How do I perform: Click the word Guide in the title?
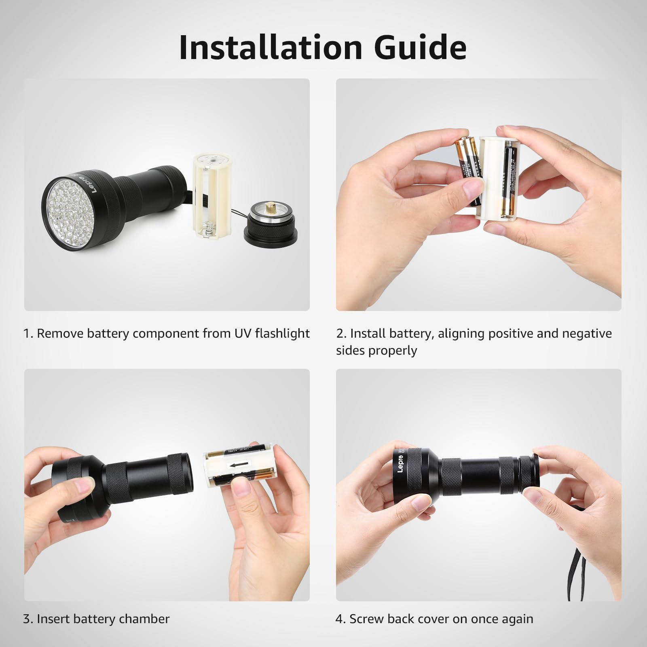[420, 48]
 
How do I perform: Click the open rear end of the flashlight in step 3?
[186, 474]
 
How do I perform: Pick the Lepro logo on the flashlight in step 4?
[400, 461]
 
